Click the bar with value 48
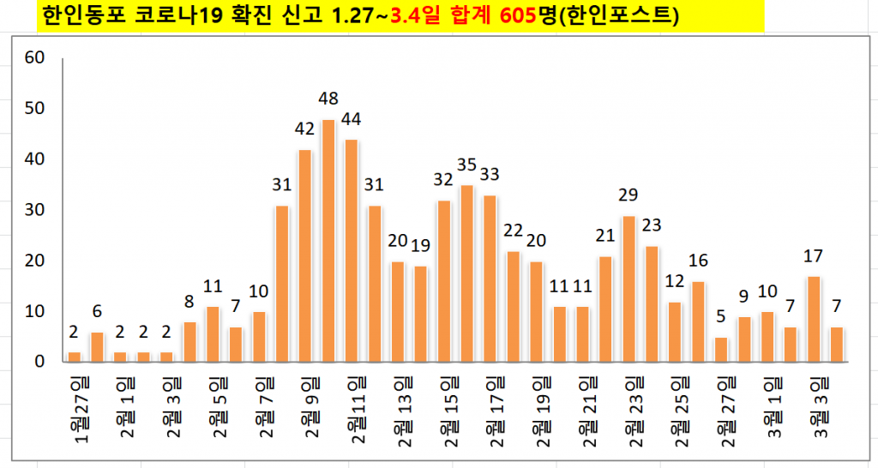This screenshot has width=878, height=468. pos(329,241)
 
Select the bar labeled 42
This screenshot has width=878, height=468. pos(305,255)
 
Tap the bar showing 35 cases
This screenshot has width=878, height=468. pos(467,273)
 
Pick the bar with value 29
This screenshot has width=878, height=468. pos(629,289)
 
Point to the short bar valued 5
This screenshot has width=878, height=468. pos(721,350)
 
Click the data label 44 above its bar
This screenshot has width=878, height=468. pos(352,118)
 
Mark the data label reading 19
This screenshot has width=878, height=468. pos(421,245)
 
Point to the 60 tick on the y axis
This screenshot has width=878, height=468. pos(34,58)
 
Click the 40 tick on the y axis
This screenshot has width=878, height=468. pos(34,159)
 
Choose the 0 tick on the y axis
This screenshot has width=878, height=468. pos(39,362)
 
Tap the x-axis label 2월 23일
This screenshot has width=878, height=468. pos(634,404)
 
